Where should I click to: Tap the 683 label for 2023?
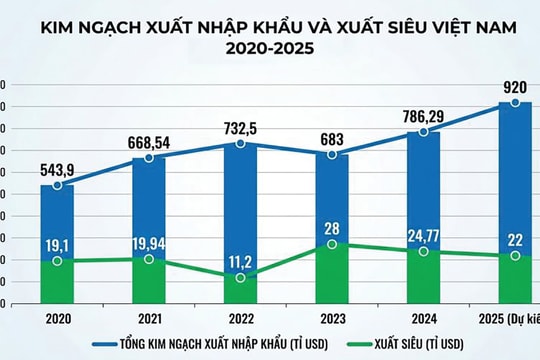(331, 138)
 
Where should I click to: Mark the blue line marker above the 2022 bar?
(240, 144)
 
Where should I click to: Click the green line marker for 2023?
(332, 244)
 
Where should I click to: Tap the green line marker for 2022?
(240, 277)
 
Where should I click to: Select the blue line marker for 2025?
(515, 102)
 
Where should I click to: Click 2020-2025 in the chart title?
(269, 46)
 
